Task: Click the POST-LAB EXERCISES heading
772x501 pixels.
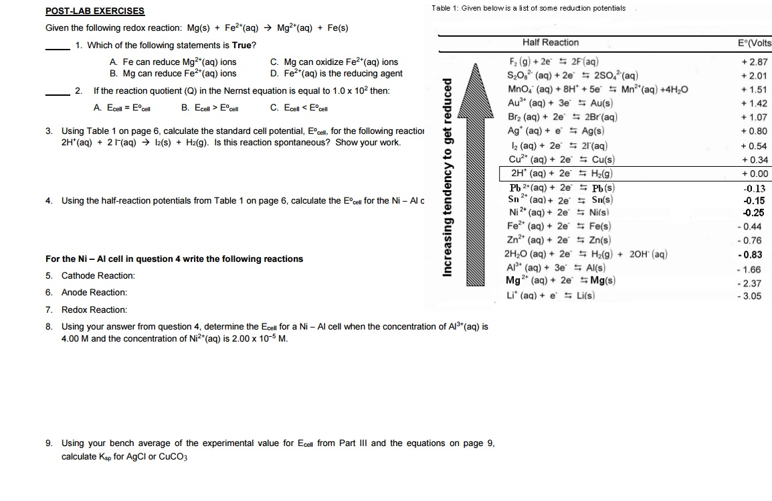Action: [x=94, y=11]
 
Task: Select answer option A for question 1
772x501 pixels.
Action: [x=173, y=62]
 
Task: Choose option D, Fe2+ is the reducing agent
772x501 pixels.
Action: [x=336, y=74]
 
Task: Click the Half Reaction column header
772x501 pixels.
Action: [x=551, y=43]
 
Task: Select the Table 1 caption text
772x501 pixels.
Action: [x=528, y=8]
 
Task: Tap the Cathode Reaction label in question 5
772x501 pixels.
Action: [x=98, y=276]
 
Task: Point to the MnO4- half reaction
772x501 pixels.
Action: [x=598, y=90]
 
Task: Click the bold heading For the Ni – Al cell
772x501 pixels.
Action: [x=174, y=259]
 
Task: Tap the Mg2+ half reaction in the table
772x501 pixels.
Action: [x=561, y=281]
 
